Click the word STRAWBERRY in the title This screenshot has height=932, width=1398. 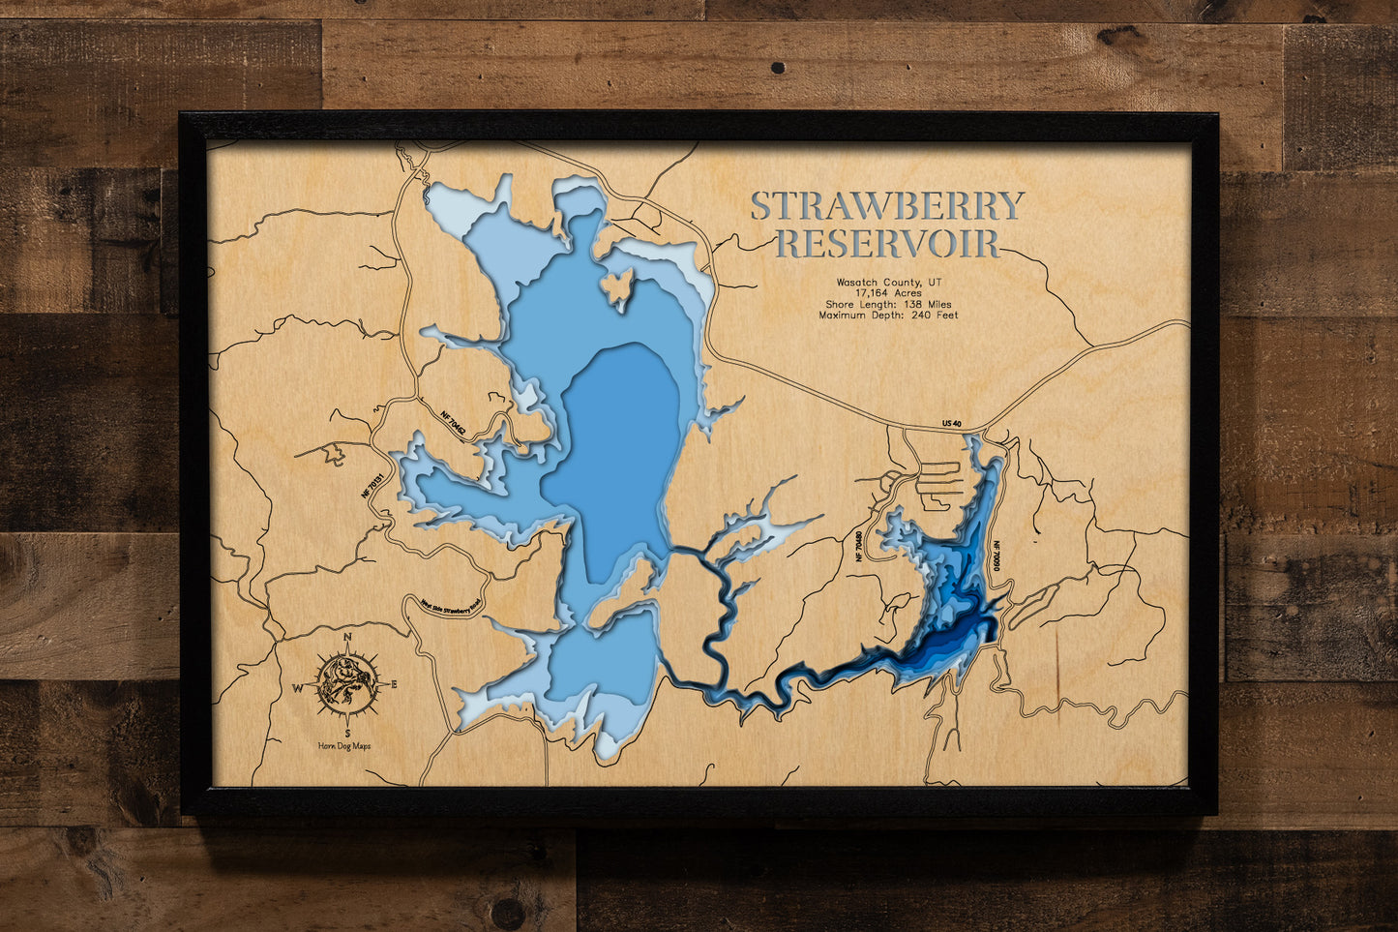[886, 206]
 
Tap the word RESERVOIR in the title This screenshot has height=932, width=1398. [887, 244]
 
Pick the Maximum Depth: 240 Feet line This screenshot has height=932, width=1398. [888, 316]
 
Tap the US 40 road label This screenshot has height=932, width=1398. [952, 424]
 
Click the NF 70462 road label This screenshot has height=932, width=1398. [453, 424]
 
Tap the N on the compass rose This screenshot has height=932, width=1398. [348, 636]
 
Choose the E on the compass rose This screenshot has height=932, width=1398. [394, 685]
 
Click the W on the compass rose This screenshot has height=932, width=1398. [298, 688]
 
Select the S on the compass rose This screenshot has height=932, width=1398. [347, 732]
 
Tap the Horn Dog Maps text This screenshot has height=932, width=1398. [343, 746]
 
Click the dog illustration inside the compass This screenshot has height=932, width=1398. [344, 683]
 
